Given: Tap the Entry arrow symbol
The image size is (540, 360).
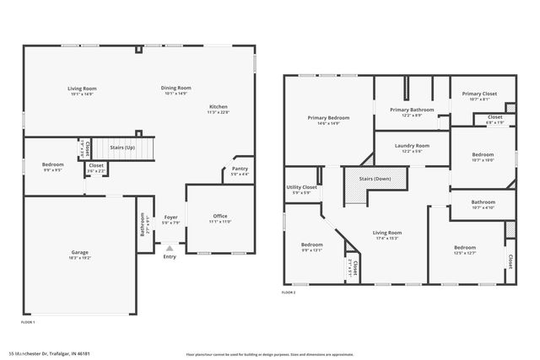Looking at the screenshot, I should coord(170,248).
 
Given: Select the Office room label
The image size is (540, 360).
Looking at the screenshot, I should coord(219,216).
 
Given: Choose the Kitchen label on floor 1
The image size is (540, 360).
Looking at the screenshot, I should coord(219,107).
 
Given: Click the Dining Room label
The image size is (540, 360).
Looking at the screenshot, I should coord(176,88).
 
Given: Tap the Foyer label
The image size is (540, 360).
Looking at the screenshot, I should coord(170,217).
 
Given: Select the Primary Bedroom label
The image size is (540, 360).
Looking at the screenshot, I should coord(328,118).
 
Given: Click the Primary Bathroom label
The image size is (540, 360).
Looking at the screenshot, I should coord(412,110).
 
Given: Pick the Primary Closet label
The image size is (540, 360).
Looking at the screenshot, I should coord(478,94).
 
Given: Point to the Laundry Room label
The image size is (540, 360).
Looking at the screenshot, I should coord(412,145).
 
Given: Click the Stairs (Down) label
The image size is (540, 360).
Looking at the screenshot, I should coord(375,179).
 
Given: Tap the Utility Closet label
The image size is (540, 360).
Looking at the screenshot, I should coord(301,187).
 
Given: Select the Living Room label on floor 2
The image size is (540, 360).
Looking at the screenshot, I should coord(388,232).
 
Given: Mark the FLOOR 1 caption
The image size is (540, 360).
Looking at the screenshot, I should coord(28,322).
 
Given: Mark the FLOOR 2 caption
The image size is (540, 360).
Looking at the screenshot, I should coord(289,293).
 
